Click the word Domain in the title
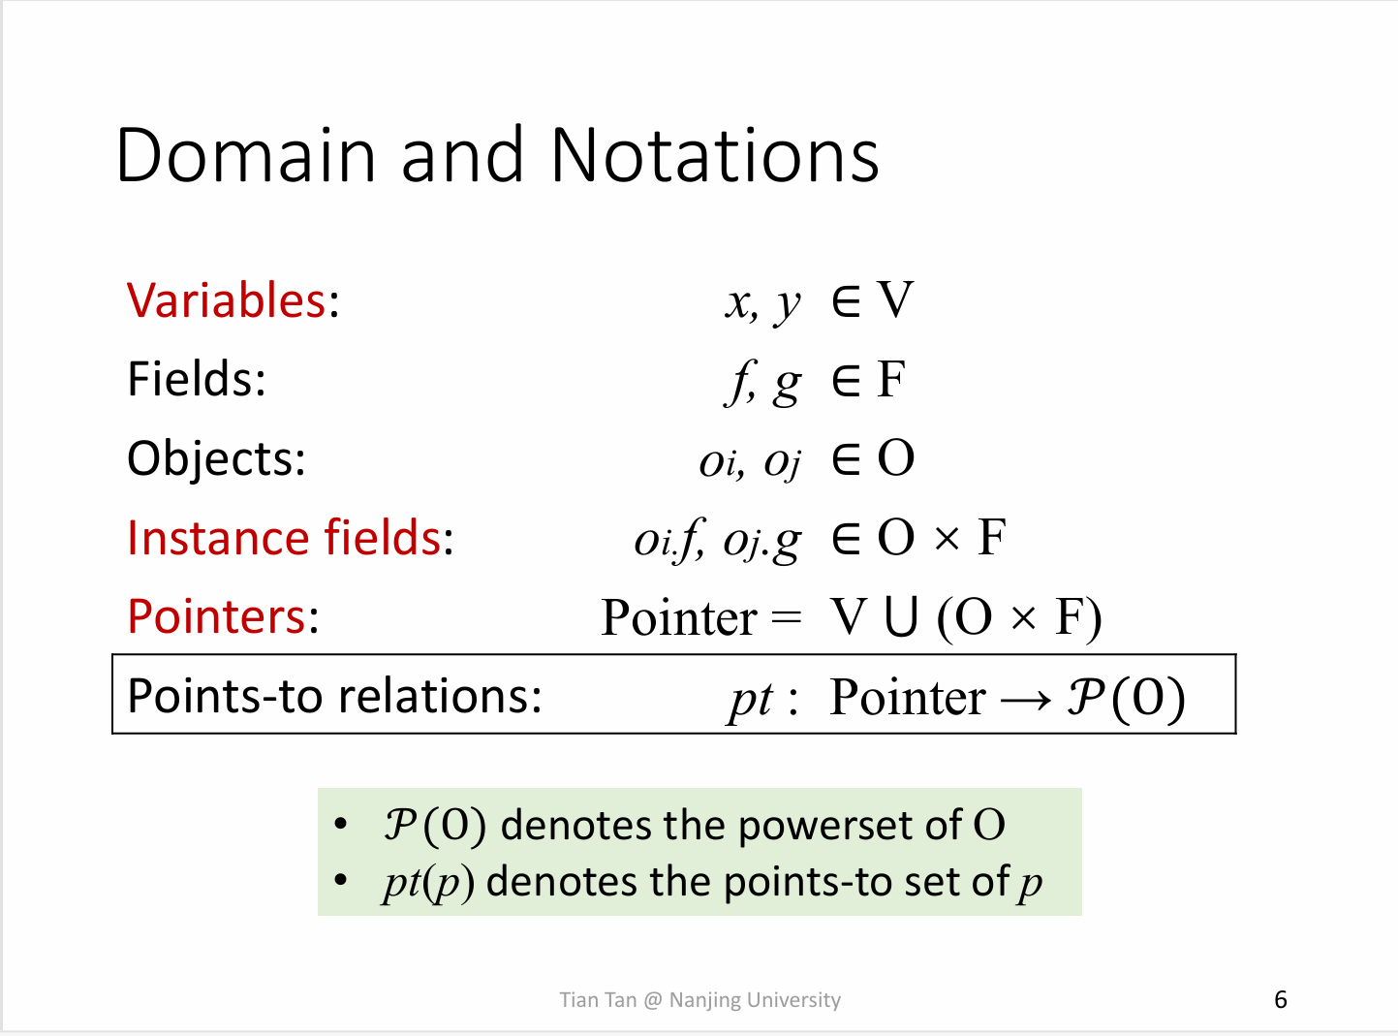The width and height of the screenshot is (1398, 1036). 246,155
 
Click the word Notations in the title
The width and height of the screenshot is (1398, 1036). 715,155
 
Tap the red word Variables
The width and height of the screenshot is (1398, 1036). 227,300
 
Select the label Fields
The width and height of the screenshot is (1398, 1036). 197,379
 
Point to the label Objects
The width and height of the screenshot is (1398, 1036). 216,459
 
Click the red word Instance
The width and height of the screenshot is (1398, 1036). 217,538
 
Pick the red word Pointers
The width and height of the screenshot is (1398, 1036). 217,616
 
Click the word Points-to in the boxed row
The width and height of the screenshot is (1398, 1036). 225,697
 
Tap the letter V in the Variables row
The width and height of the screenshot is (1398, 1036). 895,299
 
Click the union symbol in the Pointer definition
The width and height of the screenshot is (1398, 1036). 901,616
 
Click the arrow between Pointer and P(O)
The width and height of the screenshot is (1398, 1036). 1026,700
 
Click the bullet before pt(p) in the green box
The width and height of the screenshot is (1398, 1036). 341,880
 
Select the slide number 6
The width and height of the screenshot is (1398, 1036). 1280,999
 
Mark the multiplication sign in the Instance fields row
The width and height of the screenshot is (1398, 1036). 947,539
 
